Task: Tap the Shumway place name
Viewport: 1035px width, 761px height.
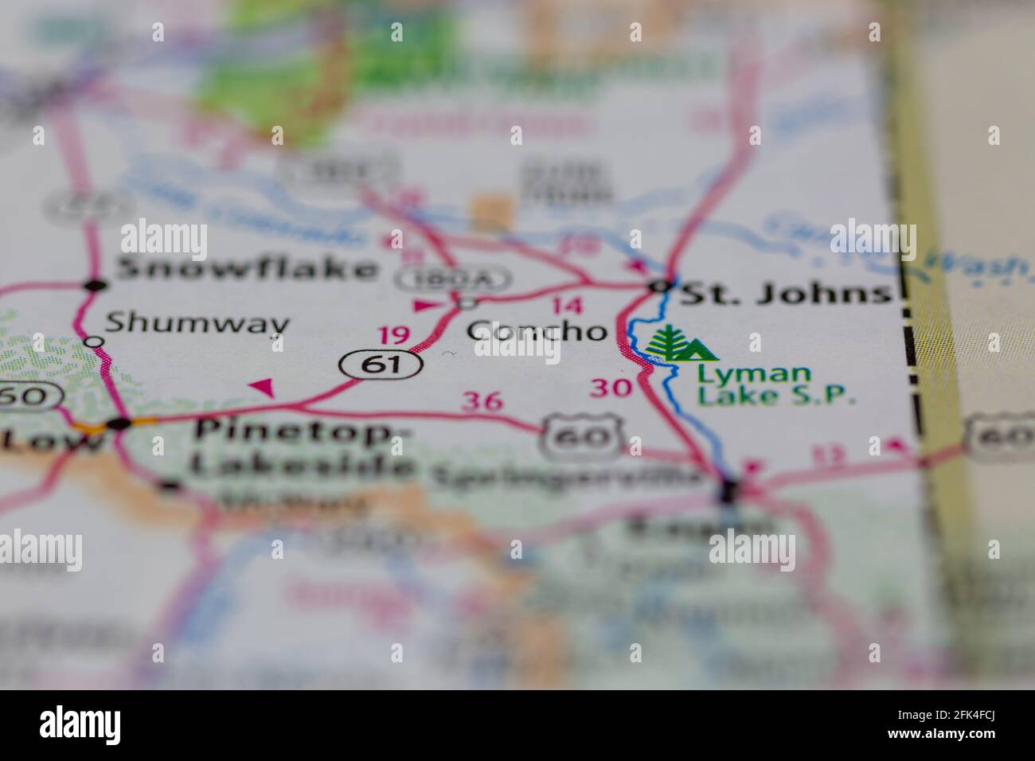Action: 197,323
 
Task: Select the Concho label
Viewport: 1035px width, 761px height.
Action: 537,330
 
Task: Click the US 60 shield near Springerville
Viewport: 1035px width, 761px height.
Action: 584,435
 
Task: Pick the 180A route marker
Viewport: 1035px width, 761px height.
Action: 455,279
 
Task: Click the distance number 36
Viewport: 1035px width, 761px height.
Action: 483,400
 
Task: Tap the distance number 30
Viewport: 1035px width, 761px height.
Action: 610,388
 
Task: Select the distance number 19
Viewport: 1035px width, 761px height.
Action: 395,335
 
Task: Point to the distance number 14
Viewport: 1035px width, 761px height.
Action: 566,306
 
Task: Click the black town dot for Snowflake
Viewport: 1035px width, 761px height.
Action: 96,284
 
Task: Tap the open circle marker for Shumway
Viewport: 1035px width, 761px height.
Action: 94,341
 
